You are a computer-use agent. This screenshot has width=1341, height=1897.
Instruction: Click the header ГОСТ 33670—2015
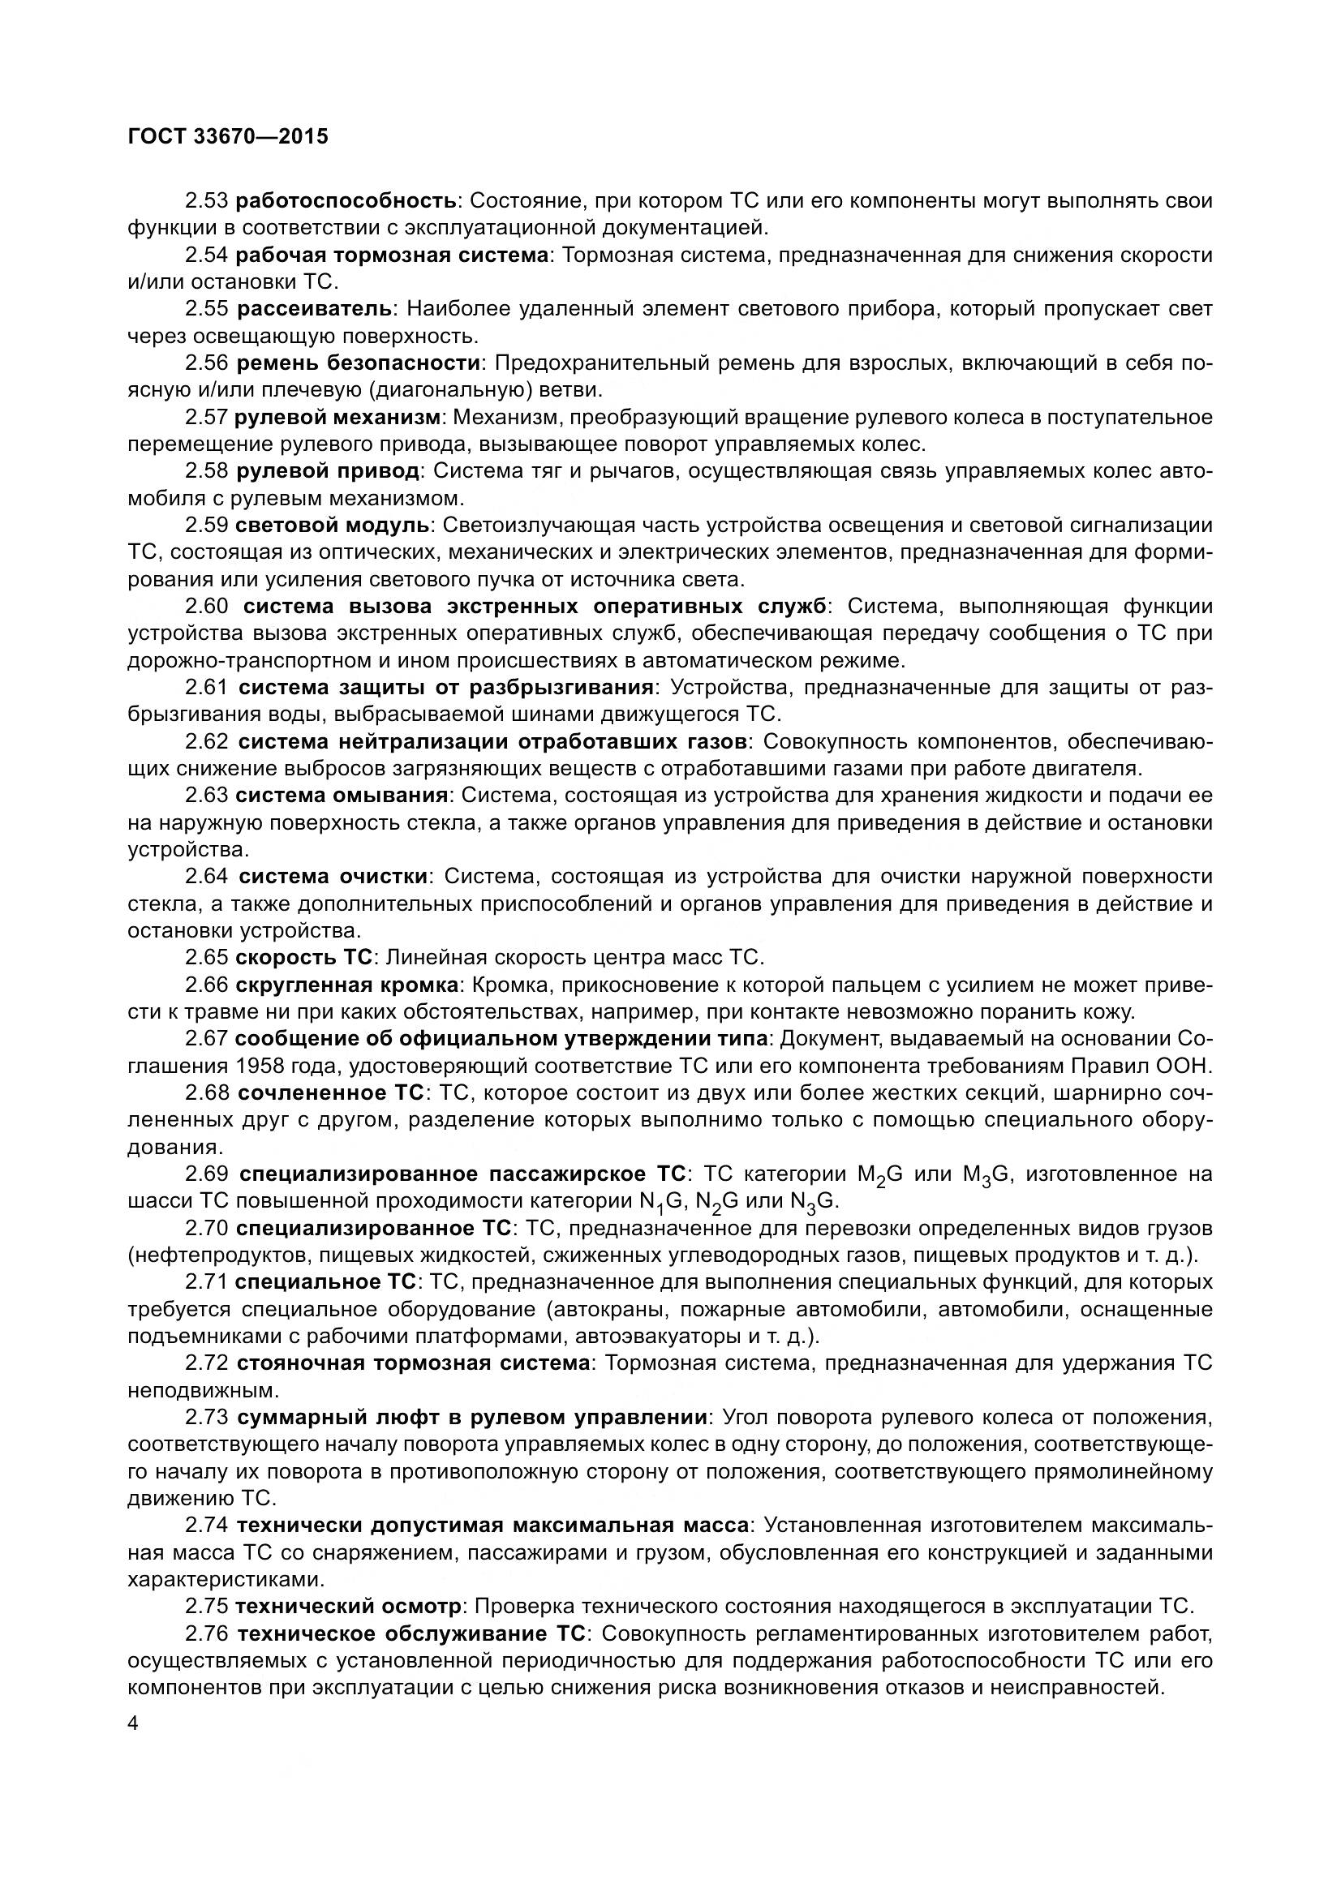click(228, 136)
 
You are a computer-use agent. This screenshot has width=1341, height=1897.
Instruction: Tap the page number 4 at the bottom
click(134, 1723)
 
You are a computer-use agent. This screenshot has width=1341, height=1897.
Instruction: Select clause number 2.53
click(207, 201)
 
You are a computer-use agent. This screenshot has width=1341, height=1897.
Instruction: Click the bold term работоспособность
click(346, 201)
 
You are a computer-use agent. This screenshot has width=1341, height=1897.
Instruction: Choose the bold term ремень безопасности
click(359, 363)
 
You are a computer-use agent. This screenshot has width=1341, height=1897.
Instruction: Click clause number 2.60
click(207, 607)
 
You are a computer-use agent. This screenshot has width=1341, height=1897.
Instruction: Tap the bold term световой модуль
click(332, 526)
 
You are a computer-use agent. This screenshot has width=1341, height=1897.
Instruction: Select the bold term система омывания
click(342, 796)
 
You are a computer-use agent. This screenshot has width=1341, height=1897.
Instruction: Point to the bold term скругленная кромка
click(347, 985)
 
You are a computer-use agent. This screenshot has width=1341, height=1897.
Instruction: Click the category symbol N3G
click(814, 1202)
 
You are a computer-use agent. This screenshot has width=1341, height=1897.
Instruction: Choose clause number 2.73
click(207, 1418)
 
